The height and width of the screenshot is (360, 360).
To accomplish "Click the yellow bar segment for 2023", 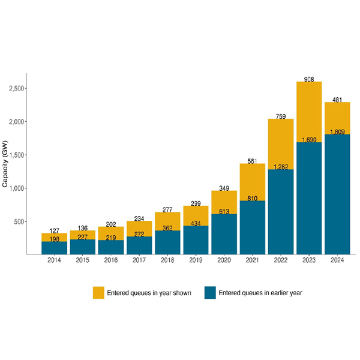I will point(309,114).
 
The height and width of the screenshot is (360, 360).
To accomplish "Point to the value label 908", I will point(309,79).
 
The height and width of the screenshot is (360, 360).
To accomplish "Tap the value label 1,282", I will point(281,167).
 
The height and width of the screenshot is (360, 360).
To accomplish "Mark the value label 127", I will point(54,230).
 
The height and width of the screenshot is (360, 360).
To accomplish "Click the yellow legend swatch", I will point(98,293).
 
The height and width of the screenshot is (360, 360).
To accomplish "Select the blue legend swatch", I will point(210,293).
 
